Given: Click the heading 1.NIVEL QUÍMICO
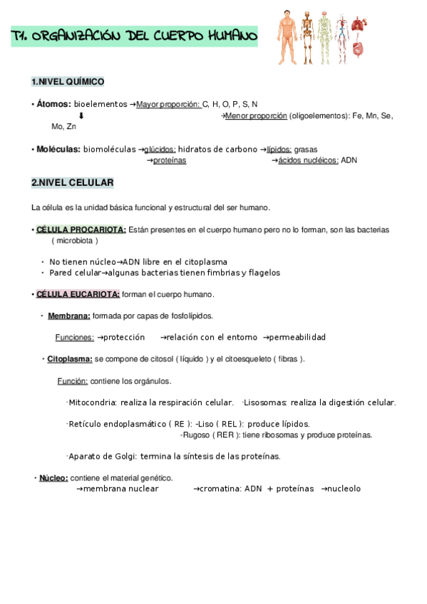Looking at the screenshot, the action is (x=68, y=82).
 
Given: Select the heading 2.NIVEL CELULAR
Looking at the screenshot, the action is (x=72, y=183).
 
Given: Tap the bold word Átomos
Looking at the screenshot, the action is (x=53, y=104).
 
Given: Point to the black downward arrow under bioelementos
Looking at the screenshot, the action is (x=81, y=115).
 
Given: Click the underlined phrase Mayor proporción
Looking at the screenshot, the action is (x=168, y=104).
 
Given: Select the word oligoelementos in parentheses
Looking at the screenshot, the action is (x=318, y=115).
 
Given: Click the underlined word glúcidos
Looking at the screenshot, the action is (x=160, y=150).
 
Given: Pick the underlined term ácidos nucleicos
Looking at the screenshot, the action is (x=309, y=161).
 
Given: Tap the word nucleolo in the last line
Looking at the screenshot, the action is (x=344, y=489).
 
